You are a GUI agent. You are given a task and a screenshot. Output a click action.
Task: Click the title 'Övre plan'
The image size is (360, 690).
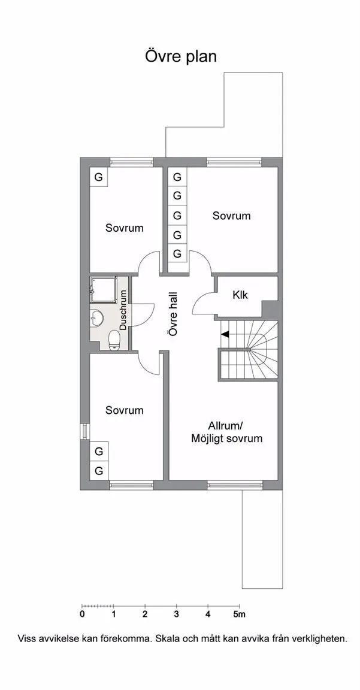click(x=181, y=56)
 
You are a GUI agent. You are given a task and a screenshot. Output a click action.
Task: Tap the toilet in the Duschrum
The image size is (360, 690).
click(x=114, y=340)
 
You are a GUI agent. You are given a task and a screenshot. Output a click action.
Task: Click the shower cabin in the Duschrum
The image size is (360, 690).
click(x=104, y=289)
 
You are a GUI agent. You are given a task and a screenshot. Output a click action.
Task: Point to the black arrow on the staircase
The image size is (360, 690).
click(x=225, y=334)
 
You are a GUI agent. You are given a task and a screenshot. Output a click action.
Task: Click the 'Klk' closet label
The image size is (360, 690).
click(x=240, y=295)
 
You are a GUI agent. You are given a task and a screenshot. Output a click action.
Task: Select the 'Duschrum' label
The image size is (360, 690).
click(x=123, y=310)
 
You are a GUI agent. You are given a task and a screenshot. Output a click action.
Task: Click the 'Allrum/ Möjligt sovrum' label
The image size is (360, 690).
click(x=226, y=432)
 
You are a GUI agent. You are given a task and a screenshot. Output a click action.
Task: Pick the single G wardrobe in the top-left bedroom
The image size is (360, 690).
click(x=99, y=177)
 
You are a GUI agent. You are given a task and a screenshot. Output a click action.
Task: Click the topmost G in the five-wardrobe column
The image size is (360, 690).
click(x=177, y=177)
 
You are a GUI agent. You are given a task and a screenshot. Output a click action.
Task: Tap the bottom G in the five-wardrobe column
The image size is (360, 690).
click(x=177, y=254)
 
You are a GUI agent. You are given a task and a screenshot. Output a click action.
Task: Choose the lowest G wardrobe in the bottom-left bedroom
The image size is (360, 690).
click(x=99, y=471)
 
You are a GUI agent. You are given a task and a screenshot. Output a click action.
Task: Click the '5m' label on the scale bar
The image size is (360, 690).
click(x=240, y=615)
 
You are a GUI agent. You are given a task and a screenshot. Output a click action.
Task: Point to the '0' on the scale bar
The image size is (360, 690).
click(x=82, y=615)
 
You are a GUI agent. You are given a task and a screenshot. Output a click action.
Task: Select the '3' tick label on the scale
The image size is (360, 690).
click(x=177, y=615)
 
